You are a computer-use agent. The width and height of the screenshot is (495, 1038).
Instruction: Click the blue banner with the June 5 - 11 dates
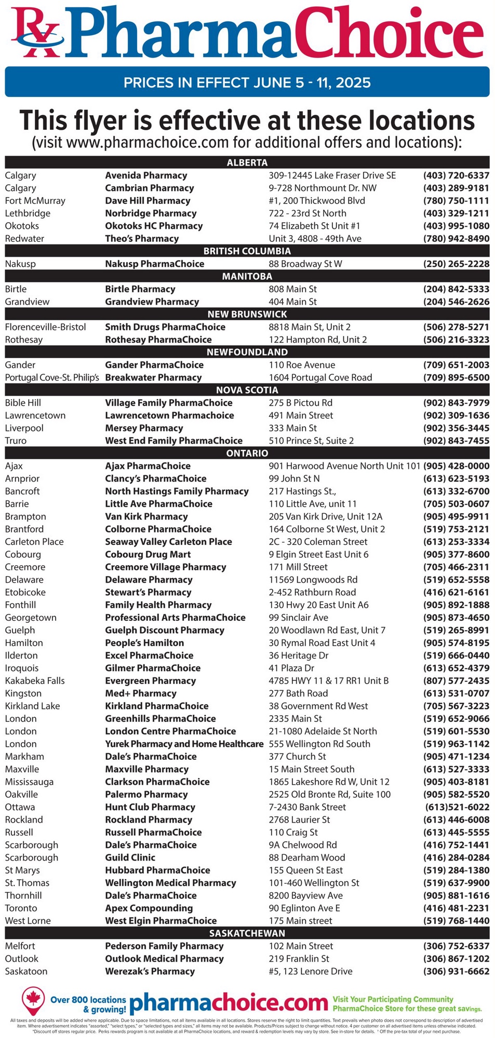pos(247,82)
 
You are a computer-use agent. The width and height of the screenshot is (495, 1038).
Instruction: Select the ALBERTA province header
pos(247,162)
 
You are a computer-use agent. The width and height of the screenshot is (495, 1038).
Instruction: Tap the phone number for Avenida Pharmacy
pos(456,175)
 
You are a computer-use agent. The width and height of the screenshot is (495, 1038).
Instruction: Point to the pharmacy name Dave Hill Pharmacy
pos(148,201)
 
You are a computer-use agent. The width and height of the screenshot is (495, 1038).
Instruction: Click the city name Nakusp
pos(20,264)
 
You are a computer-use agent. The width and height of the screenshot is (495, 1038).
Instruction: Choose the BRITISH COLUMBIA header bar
pos(247,251)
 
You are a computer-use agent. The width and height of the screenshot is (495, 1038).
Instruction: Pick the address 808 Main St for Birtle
pos(292,289)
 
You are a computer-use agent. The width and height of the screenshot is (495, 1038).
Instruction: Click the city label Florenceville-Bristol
pos(45,327)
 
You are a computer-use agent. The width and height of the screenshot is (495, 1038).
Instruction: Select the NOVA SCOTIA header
pos(247,390)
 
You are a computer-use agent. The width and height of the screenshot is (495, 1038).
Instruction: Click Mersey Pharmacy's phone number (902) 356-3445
pos(456,428)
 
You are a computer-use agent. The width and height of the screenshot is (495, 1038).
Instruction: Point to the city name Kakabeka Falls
pos(35,680)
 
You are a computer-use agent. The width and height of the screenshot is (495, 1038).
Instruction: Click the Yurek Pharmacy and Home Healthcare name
pos(184,744)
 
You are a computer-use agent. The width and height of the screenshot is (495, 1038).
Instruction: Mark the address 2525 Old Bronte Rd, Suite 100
pos(329,794)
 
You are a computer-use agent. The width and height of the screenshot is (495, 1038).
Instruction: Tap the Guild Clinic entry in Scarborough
pos(130,857)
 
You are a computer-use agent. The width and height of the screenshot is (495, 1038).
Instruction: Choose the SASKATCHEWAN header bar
pos(247,933)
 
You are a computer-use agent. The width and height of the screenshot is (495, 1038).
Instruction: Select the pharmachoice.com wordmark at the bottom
pos(229,1003)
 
